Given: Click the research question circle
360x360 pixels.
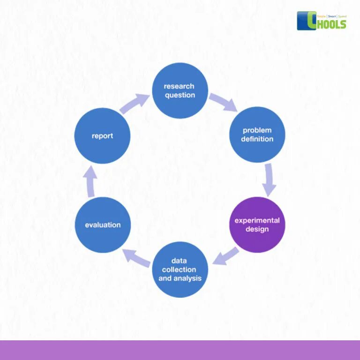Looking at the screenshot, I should pos(180,90).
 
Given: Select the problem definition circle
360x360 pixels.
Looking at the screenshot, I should pos(257,135).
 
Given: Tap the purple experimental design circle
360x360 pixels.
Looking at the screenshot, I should pos(257,225).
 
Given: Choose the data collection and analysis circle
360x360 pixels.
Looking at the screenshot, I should pos(180,270).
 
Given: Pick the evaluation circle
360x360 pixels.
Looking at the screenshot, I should pos(103,225).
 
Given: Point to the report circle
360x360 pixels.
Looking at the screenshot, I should pos(102,136).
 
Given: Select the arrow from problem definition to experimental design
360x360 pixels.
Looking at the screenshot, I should pos(269,180).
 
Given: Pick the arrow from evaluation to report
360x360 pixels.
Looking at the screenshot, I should pos(91,181).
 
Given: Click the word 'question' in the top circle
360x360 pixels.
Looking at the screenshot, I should pos(180,95).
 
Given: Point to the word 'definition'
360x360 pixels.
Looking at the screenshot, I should pos(257,139).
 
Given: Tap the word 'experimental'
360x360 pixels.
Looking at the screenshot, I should pos(257,220).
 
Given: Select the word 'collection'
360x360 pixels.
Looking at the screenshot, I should pos(179,270).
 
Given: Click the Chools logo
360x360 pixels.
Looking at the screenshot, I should pos(322,21).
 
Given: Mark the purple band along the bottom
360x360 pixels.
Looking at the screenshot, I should pos(180,350).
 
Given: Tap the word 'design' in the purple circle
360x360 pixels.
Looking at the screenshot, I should pos(257,229).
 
